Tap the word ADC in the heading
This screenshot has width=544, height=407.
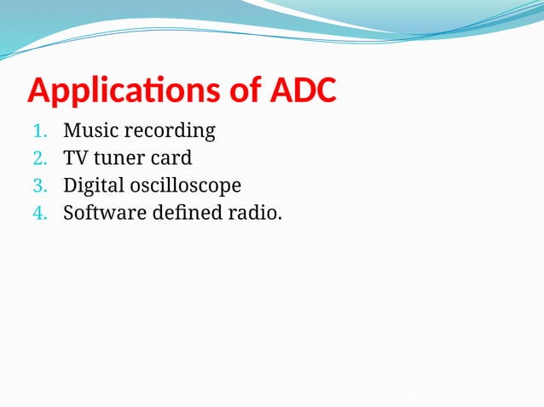tap(303, 91)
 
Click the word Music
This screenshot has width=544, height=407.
tap(91, 131)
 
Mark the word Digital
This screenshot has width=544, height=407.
tap(94, 186)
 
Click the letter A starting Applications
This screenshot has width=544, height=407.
tap(39, 91)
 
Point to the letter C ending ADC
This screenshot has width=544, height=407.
tap(323, 91)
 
